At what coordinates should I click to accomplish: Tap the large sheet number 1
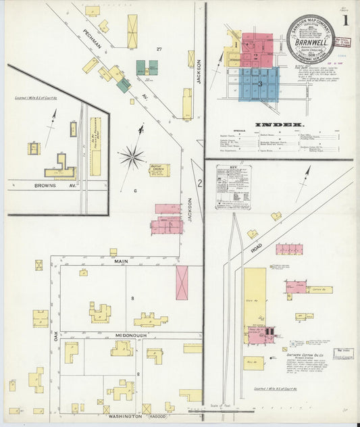[345, 20]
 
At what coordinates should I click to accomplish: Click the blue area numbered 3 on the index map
[259, 84]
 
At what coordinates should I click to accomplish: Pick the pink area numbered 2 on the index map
[257, 51]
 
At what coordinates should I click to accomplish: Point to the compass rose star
[132, 157]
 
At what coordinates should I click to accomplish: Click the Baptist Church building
[159, 170]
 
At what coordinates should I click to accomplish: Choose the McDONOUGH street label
[122, 335]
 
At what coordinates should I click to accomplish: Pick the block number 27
[160, 50]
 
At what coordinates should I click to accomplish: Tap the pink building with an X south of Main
[182, 282]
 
